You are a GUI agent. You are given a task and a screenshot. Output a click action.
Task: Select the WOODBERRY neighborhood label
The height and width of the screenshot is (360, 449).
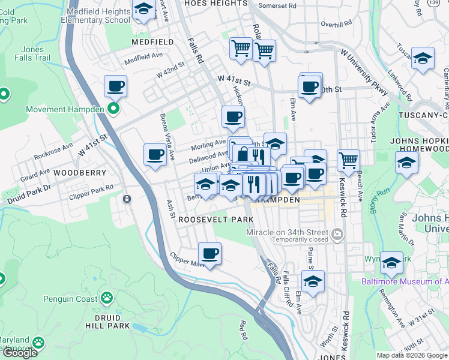[x=80, y=172]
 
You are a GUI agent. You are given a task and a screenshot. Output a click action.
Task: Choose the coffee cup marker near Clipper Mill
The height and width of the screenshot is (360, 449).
[x=209, y=254]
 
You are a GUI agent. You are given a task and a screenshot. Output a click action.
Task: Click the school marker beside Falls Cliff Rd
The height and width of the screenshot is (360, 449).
[x=313, y=281]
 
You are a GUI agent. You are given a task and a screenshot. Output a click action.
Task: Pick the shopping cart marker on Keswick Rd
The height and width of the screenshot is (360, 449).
[x=348, y=160]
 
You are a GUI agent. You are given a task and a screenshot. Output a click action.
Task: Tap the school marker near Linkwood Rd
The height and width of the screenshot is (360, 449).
[x=423, y=59]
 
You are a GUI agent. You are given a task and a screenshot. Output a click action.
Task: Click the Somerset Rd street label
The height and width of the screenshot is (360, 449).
[x=276, y=5]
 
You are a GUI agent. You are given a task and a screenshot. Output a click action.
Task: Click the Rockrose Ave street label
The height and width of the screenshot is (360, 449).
[x=53, y=154]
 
